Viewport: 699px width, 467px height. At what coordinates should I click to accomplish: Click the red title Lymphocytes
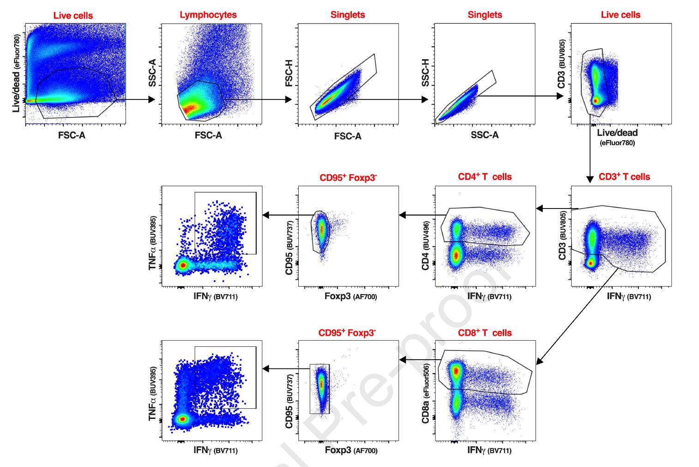coord(208,15)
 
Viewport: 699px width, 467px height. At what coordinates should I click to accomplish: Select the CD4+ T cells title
coord(485,177)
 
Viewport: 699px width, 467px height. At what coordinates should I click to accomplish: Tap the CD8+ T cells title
coord(485,333)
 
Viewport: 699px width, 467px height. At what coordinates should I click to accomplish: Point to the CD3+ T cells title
coord(624,177)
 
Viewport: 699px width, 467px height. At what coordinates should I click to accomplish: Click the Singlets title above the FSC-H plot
coord(348,15)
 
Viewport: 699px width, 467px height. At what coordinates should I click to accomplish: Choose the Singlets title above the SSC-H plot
coord(485,15)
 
